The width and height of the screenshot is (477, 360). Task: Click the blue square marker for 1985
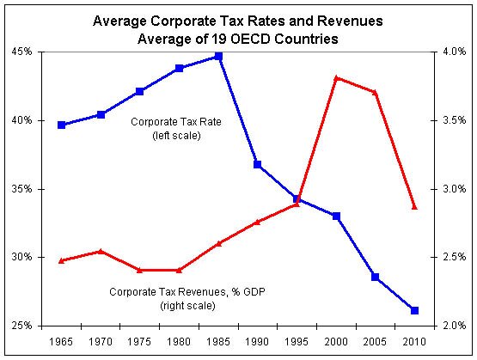(x=218, y=56)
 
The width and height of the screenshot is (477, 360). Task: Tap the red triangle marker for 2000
(x=336, y=77)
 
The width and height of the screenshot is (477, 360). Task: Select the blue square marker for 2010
(x=414, y=310)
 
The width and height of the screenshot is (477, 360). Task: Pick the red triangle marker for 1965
(x=61, y=259)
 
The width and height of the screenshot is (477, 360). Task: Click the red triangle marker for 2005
(x=375, y=92)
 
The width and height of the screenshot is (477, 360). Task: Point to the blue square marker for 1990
(x=258, y=164)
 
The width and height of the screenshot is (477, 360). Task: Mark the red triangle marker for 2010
(x=414, y=207)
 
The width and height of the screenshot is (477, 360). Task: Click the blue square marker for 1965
(x=61, y=125)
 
